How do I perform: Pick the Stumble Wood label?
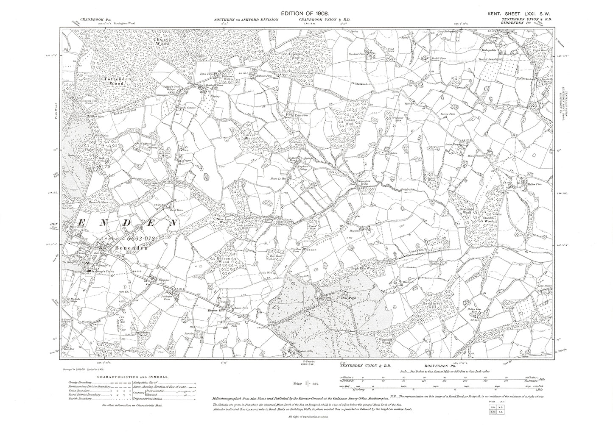(x=488, y=219)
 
